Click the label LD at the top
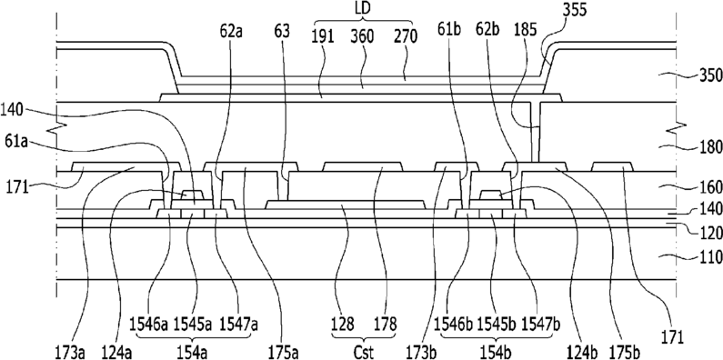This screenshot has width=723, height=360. click(x=363, y=9)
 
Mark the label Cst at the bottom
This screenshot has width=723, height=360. click(x=364, y=352)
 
